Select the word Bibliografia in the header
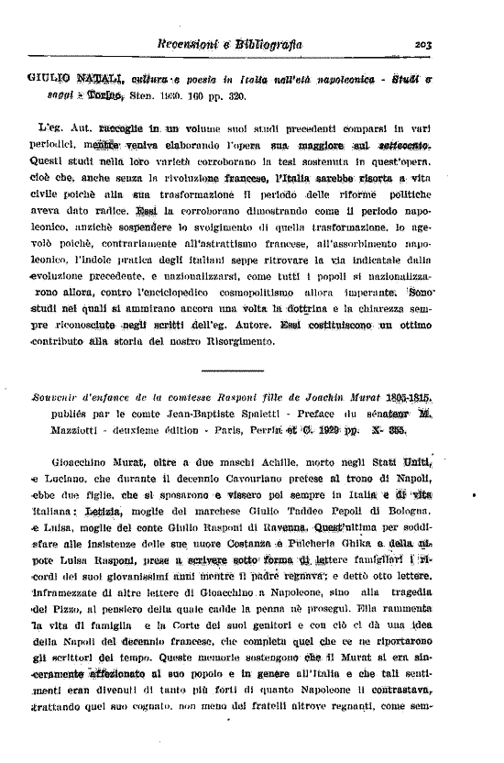(x=268, y=43)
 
